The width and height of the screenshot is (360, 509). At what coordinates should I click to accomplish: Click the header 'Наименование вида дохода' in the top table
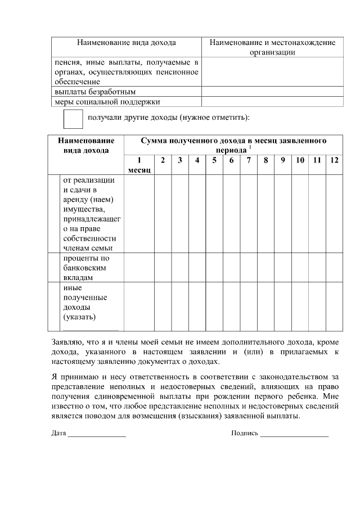click(x=127, y=42)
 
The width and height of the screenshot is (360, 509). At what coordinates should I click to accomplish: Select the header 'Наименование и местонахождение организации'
click(x=272, y=47)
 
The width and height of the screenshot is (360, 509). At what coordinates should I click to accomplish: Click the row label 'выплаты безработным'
click(x=95, y=91)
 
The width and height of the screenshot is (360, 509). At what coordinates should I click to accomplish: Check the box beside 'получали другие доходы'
click(x=73, y=120)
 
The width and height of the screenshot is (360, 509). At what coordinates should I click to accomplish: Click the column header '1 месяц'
click(x=139, y=165)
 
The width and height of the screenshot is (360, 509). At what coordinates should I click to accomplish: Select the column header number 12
click(x=334, y=160)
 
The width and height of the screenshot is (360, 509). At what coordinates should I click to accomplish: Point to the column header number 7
click(x=249, y=160)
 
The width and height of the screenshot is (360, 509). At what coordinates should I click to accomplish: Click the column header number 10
click(x=300, y=160)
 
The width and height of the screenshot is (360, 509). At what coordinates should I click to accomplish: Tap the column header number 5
click(x=214, y=160)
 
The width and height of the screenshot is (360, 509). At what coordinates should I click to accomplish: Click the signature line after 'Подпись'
click(x=294, y=434)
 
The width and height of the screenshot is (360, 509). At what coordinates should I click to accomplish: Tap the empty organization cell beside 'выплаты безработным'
click(x=272, y=91)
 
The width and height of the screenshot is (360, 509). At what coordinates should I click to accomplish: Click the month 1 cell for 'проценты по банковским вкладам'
click(x=139, y=267)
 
